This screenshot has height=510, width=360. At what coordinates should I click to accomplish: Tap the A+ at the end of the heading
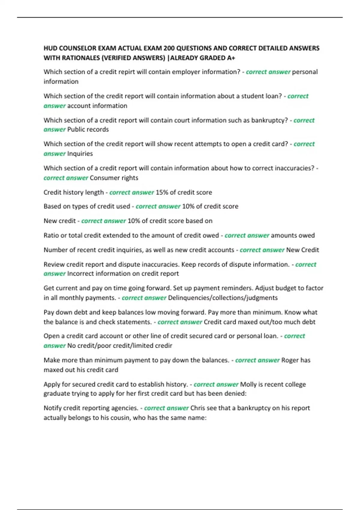(231, 58)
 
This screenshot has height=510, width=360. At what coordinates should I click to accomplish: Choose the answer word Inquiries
(80, 154)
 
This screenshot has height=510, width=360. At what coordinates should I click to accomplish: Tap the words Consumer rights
(114, 178)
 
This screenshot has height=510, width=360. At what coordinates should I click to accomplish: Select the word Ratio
(51, 235)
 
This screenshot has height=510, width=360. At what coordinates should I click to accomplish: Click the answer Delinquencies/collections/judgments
(223, 298)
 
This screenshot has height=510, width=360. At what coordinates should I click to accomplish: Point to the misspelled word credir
(163, 346)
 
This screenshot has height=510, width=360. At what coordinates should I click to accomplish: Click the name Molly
(248, 384)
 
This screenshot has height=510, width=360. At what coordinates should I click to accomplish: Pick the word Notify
(52, 408)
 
